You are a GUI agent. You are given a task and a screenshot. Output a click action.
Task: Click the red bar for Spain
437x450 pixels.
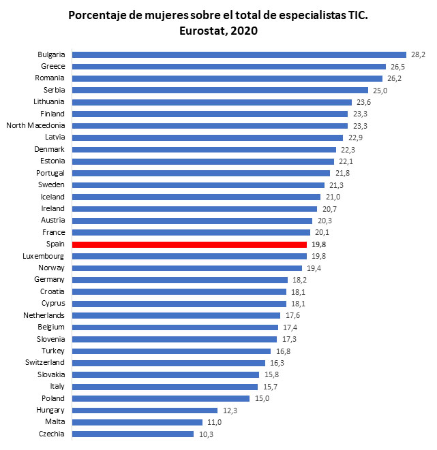[190, 244]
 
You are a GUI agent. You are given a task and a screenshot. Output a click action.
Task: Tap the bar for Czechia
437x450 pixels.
[133, 434]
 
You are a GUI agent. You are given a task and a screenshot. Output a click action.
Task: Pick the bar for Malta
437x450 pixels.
[137, 422]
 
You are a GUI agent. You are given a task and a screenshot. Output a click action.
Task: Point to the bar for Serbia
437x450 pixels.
[220, 90]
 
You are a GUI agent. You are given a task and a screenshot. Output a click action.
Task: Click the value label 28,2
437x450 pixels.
[418, 54]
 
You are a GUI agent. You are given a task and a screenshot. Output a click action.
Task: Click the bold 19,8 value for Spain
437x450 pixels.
[318, 244]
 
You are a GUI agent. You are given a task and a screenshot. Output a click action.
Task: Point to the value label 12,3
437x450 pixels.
[228, 410]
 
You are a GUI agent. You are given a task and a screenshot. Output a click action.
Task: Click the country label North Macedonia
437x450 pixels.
[35, 125]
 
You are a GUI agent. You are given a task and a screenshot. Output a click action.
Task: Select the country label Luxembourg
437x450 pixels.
[43, 256]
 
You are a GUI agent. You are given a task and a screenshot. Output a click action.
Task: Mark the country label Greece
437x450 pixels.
[52, 66]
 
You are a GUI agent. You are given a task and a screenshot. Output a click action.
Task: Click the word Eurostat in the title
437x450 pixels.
[200, 31]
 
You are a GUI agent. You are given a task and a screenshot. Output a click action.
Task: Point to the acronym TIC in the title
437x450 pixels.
[357, 15]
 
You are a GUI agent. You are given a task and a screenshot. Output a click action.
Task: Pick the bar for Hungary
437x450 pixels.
[145, 410]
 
